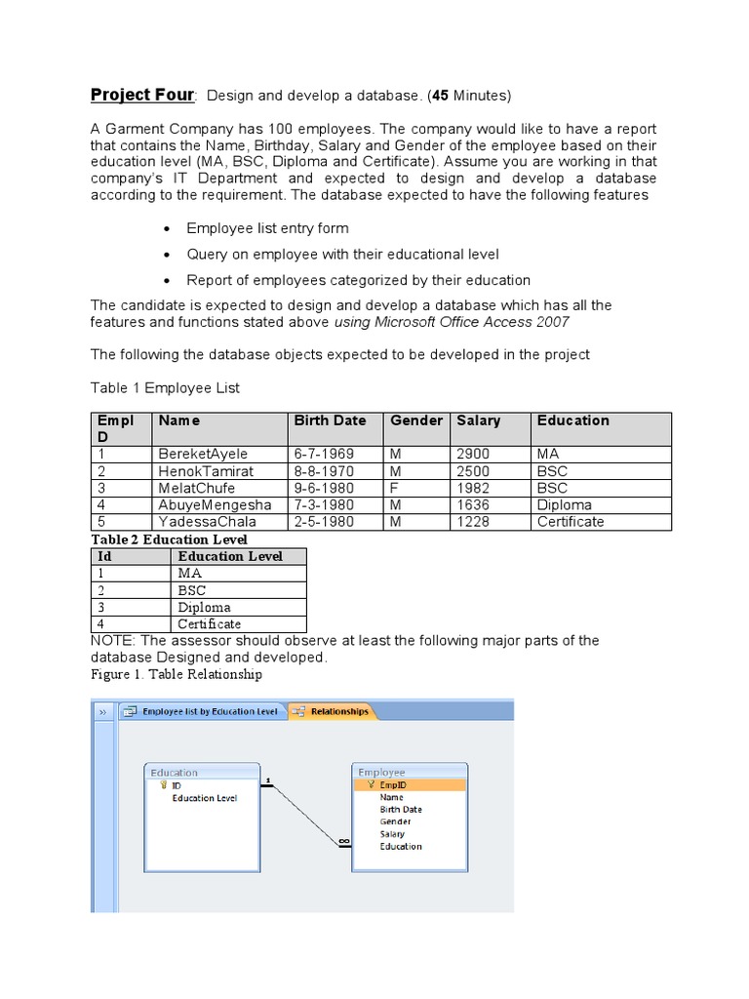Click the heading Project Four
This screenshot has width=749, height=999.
(x=142, y=95)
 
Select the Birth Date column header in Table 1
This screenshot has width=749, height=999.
(x=330, y=420)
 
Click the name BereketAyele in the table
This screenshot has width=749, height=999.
(x=203, y=454)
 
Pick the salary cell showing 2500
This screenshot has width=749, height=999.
(x=473, y=471)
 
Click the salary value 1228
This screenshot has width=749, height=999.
(x=472, y=521)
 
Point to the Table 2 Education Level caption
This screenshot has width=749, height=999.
(x=169, y=539)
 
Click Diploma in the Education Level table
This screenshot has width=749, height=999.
(x=204, y=607)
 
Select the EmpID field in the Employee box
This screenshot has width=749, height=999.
(x=393, y=784)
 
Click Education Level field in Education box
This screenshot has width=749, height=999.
(x=204, y=797)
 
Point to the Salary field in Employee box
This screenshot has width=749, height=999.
(x=392, y=834)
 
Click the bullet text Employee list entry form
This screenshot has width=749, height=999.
(x=267, y=228)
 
